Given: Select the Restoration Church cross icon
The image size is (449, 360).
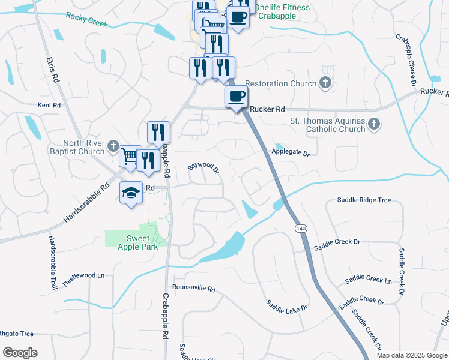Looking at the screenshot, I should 325,83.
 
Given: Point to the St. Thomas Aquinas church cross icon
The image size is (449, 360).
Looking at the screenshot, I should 374,124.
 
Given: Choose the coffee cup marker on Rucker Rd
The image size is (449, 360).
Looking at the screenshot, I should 236,96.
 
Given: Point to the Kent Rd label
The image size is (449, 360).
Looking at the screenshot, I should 49,105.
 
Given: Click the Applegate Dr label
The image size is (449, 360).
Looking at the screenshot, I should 291,153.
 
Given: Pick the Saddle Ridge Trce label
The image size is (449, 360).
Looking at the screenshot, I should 364,200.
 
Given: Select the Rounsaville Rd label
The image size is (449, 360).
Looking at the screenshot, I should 193,288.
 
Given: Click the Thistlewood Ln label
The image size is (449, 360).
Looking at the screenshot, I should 85,275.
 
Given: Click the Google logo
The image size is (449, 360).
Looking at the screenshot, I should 20,353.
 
